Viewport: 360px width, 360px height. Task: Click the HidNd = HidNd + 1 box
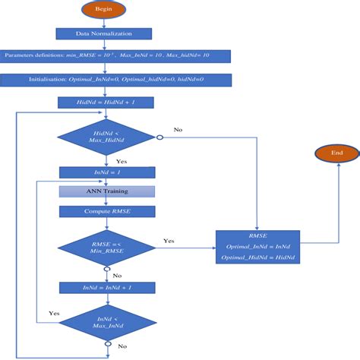tap(107, 101)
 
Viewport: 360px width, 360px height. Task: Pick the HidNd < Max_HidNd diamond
tap(107, 138)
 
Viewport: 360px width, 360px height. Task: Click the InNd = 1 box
tap(107, 173)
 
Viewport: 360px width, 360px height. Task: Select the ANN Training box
tap(107, 191)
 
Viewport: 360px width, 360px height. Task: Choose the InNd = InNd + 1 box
tap(107, 288)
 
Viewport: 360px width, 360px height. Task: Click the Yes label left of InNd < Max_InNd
tap(54, 313)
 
